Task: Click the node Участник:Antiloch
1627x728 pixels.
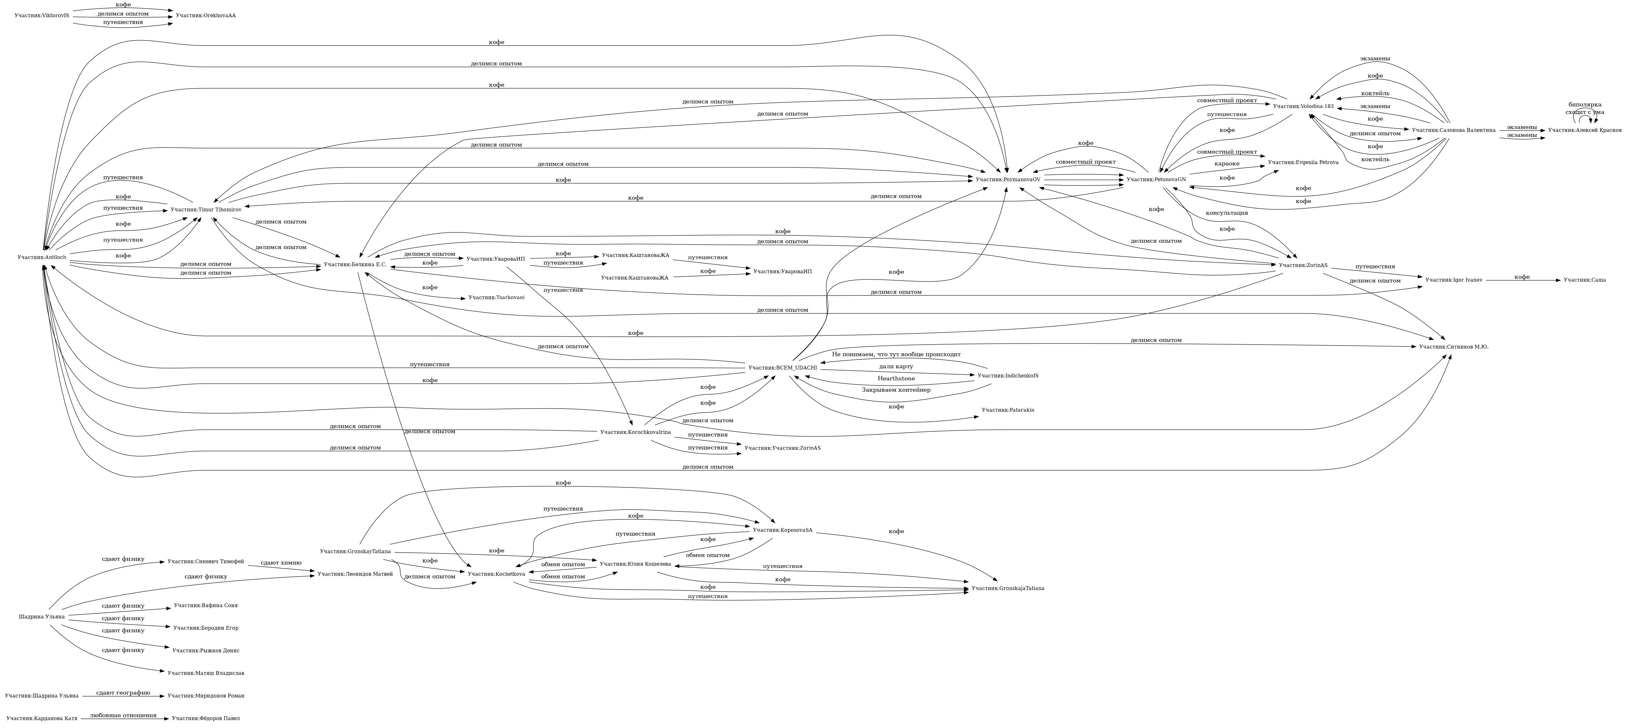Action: (x=42, y=257)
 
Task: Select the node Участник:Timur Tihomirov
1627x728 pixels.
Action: (x=206, y=209)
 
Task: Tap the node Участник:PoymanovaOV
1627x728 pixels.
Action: (x=1008, y=179)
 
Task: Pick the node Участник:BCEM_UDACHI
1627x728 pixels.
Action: (x=782, y=368)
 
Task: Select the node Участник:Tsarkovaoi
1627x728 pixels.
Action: (x=496, y=297)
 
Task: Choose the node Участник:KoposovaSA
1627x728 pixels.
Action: (x=782, y=530)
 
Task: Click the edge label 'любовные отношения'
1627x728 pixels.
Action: (x=123, y=715)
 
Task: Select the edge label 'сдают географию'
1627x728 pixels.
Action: (x=123, y=693)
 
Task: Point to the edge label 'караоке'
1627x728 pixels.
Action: (x=1227, y=164)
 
